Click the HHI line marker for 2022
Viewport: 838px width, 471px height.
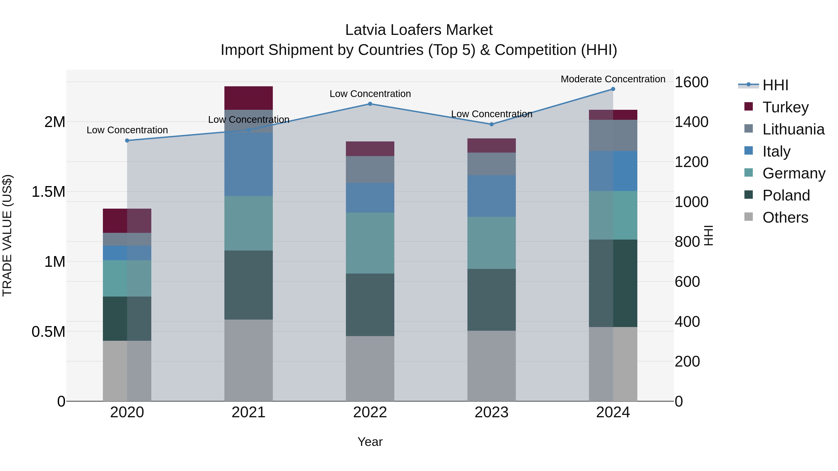click(x=370, y=104)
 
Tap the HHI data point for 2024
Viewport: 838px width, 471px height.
click(x=613, y=89)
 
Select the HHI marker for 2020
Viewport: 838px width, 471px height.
click(x=127, y=140)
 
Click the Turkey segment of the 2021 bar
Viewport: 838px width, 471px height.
click(x=249, y=98)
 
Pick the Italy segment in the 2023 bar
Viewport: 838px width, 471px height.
click(x=492, y=196)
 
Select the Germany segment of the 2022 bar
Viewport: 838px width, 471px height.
click(x=370, y=243)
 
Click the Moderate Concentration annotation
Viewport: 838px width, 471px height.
click(x=613, y=79)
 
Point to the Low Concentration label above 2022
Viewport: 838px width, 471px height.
click(x=370, y=94)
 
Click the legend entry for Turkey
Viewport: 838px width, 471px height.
click(x=785, y=107)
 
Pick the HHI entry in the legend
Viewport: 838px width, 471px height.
click(x=775, y=85)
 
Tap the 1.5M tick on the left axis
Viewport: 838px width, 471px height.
click(x=48, y=192)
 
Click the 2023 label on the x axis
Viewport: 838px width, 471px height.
click(x=491, y=412)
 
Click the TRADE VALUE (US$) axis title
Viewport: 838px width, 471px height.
click(x=7, y=235)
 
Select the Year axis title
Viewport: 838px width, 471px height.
click(x=370, y=442)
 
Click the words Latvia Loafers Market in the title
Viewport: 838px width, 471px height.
click(x=419, y=30)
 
